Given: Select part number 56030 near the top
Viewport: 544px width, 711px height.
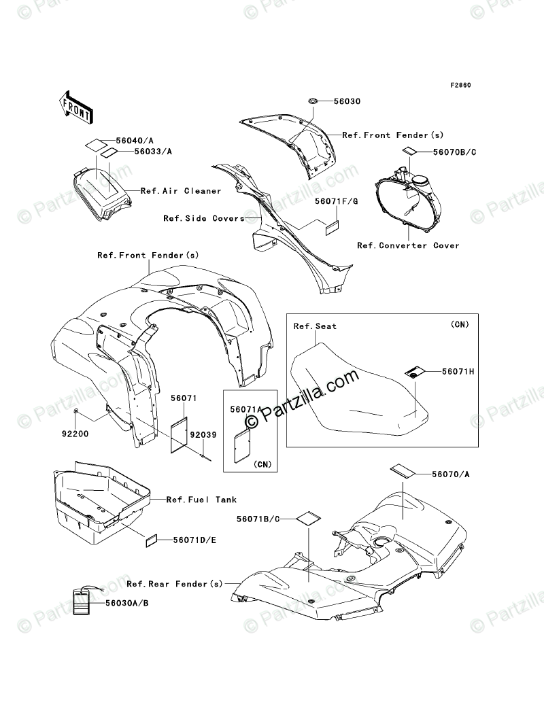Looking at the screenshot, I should (347, 101).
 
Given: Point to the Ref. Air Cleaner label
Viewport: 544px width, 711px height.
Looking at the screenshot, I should (181, 191).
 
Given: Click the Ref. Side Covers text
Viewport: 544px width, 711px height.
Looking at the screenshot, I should (204, 219).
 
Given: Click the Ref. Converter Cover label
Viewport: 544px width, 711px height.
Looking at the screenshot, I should (408, 245).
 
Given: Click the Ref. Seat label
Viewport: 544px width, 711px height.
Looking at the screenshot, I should (315, 326).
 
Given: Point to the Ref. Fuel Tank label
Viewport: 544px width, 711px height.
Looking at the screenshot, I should (192, 500).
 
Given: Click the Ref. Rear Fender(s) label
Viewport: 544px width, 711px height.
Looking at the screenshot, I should (175, 584).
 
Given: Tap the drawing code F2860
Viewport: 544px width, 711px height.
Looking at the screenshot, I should (460, 86).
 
